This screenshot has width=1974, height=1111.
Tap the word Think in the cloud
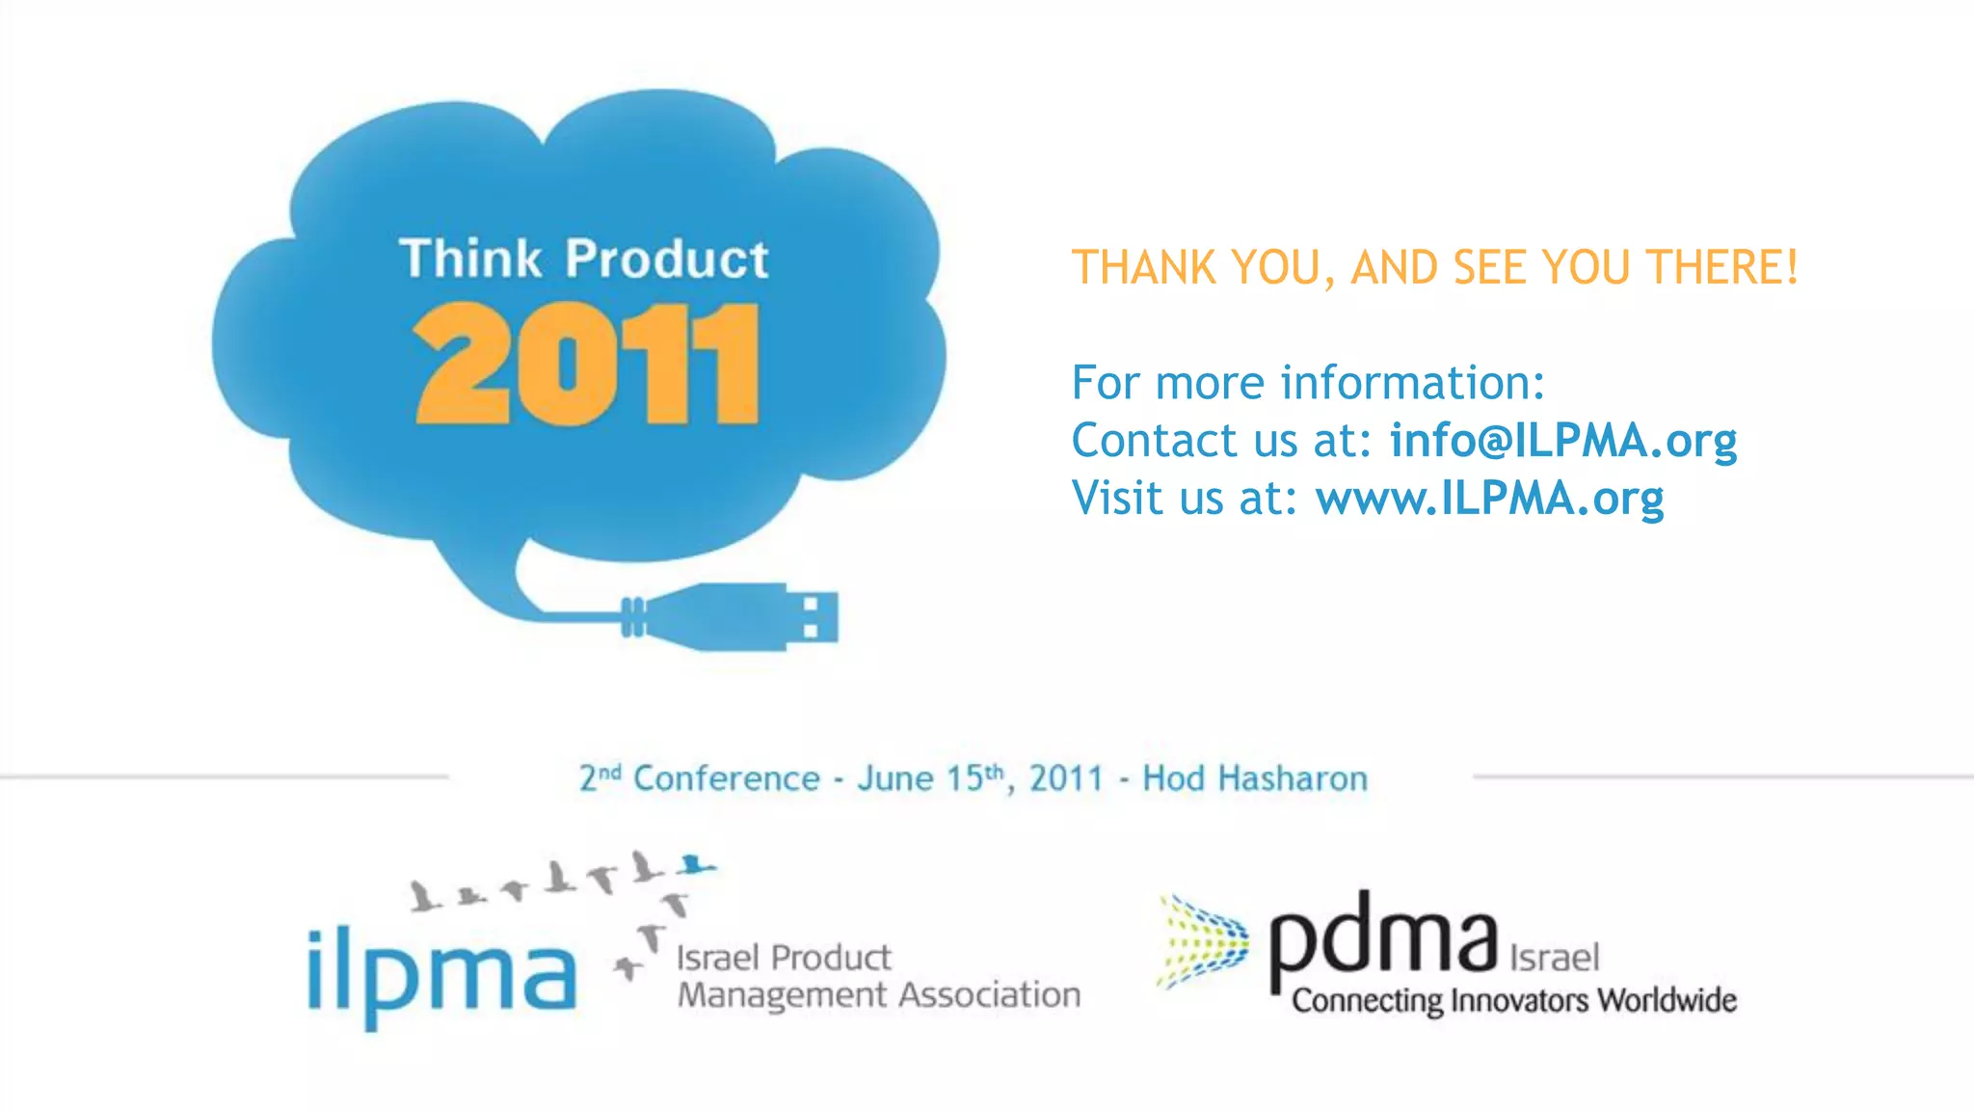pyautogui.click(x=470, y=258)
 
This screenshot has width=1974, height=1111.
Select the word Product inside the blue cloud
pyautogui.click(x=667, y=258)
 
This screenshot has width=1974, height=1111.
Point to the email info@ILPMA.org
pyautogui.click(x=1562, y=440)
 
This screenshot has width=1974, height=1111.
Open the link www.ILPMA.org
pyautogui.click(x=1489, y=498)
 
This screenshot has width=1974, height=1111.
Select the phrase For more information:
pyautogui.click(x=1308, y=382)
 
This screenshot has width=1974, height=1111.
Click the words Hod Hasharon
pyautogui.click(x=1254, y=778)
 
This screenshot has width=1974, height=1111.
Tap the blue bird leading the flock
pyautogui.click(x=695, y=864)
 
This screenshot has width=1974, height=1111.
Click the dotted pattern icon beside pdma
pyautogui.click(x=1202, y=941)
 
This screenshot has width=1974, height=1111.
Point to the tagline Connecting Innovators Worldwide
pyautogui.click(x=1513, y=1000)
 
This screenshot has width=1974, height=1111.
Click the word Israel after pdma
pyautogui.click(x=1554, y=958)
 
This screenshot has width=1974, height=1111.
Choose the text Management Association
pyautogui.click(x=878, y=994)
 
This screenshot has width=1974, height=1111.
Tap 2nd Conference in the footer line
pyautogui.click(x=699, y=778)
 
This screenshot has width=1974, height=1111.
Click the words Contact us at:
pyautogui.click(x=1221, y=440)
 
